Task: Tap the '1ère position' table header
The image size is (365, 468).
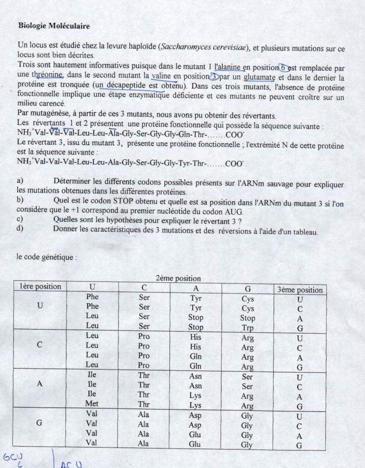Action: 41,287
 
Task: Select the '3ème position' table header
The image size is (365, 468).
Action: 300,289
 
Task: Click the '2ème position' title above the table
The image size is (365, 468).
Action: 178,278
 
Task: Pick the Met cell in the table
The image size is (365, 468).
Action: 92,404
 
